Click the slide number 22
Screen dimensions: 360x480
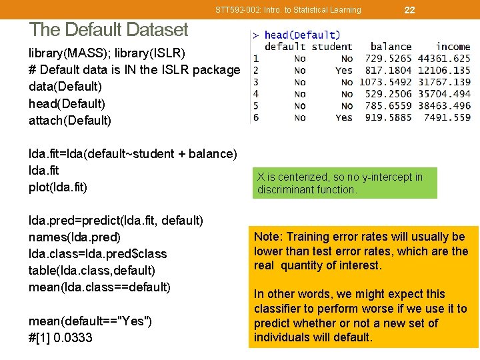(409, 9)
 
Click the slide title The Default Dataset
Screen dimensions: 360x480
(109, 29)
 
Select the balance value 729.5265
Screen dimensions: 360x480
(388, 59)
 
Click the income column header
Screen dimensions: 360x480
(453, 47)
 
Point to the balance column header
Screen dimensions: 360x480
(391, 47)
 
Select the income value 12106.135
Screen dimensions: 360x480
(444, 70)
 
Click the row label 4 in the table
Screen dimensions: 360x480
(256, 94)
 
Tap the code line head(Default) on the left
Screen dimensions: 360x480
(67, 103)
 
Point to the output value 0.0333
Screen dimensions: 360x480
(70, 337)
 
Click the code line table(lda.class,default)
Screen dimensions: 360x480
(92, 270)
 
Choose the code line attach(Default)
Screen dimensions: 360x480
(70, 120)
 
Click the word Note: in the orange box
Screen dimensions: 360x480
(268, 237)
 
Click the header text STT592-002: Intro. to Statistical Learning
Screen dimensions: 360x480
(288, 9)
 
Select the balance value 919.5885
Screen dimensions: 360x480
(388, 117)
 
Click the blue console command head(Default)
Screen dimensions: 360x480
(302, 35)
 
